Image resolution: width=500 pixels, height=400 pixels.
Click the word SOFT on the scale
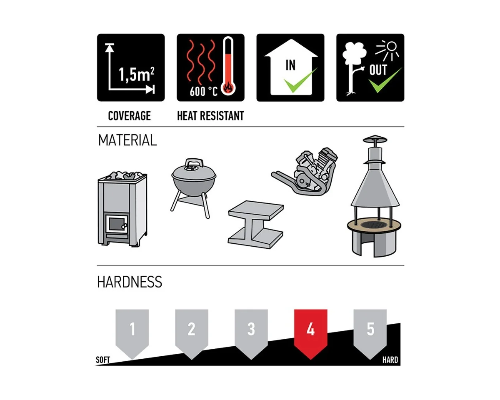pyautogui.click(x=102, y=360)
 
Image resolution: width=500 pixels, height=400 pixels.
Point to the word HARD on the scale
pyautogui.click(x=390, y=360)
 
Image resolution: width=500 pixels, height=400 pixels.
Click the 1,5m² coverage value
pyautogui.click(x=137, y=75)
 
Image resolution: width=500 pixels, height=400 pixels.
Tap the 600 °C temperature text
pyautogui.click(x=203, y=91)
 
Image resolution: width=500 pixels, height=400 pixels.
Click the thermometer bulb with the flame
pyautogui.click(x=228, y=88)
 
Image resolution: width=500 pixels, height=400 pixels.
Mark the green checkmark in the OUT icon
pyautogui.click(x=385, y=80)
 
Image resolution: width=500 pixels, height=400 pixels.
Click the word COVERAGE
pyautogui.click(x=130, y=116)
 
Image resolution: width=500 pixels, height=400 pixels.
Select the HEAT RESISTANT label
pyautogui.click(x=210, y=116)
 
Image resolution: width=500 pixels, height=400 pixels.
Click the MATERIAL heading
pyautogui.click(x=127, y=140)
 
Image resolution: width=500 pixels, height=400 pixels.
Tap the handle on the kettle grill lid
pyautogui.click(x=194, y=162)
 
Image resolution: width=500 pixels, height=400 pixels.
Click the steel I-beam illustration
pyautogui.click(x=255, y=225)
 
